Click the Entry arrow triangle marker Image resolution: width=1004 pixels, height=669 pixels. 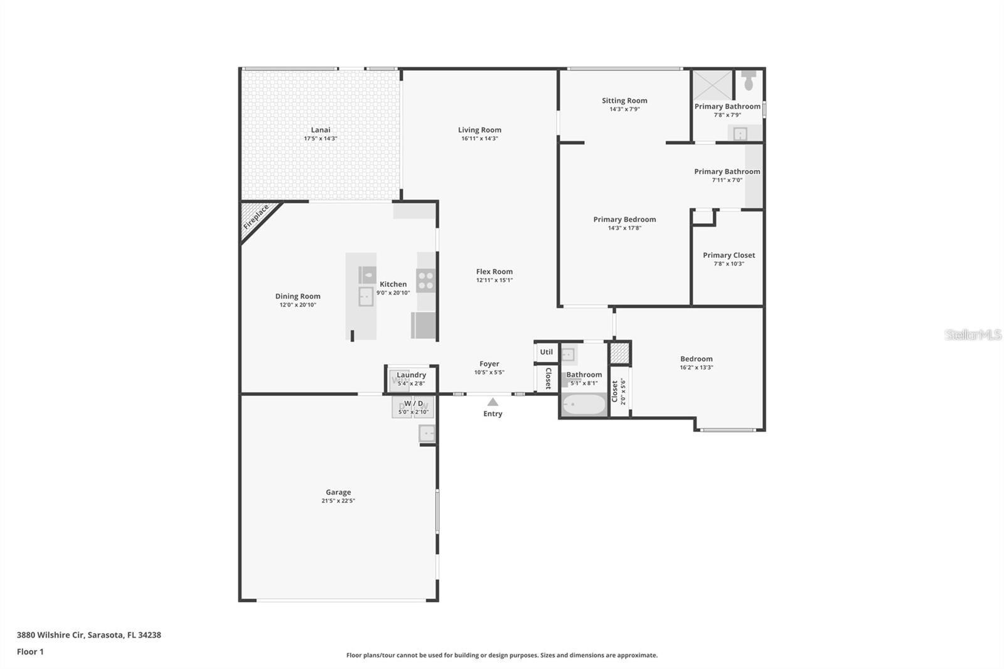(493, 402)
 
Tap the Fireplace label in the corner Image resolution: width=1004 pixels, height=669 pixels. (256, 217)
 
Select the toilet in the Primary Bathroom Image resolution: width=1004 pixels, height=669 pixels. (749, 80)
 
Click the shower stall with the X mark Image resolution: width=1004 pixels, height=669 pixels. (712, 85)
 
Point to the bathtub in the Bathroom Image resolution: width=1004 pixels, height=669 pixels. (584, 405)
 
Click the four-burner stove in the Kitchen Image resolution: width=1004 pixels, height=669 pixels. (426, 281)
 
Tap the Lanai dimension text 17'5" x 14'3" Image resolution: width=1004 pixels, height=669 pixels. (320, 139)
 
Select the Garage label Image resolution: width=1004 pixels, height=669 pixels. (338, 492)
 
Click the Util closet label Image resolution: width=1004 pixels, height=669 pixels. (547, 352)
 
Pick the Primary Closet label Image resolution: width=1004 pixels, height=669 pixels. (729, 255)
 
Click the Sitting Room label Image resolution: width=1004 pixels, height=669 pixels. (624, 100)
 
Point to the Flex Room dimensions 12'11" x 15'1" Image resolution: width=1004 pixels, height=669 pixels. (494, 281)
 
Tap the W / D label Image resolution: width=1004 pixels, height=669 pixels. (414, 404)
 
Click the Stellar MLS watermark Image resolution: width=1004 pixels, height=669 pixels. (973, 334)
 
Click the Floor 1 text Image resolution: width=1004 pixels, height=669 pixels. (30, 651)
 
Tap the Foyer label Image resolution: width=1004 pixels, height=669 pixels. (489, 363)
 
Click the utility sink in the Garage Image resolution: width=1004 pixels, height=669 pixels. (427, 433)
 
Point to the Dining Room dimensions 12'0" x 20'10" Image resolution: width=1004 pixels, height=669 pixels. (297, 305)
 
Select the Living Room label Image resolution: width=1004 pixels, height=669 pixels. (479, 130)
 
